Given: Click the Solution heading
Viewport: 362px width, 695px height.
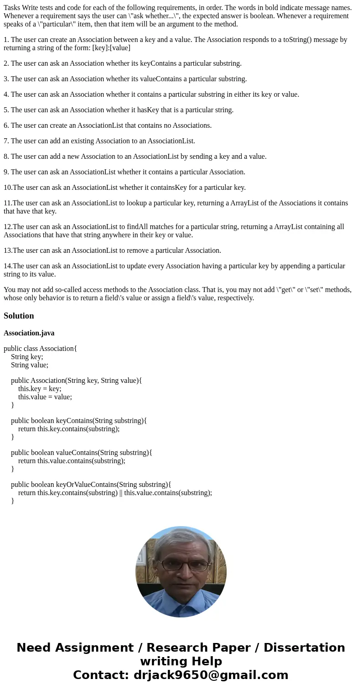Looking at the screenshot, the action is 19,316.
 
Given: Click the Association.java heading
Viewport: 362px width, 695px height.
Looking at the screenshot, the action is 29,333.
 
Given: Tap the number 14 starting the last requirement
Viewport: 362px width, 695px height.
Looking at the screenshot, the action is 7,266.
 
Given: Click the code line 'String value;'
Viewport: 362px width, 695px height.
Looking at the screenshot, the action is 30,365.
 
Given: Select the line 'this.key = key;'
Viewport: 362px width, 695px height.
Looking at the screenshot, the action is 40,389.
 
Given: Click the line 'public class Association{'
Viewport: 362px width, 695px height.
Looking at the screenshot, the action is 40,349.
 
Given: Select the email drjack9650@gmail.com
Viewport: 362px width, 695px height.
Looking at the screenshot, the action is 211,675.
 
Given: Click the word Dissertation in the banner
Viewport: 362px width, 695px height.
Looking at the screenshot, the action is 304,648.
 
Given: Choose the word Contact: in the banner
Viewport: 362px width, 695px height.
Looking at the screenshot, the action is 101,675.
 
